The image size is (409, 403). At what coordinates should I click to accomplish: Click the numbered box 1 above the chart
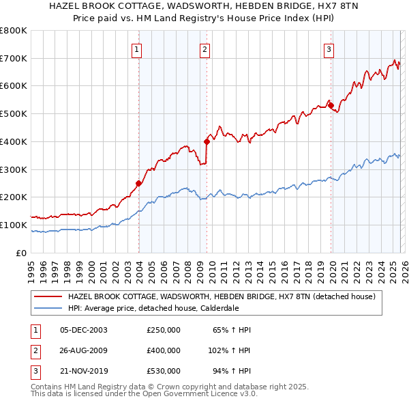tap(137, 48)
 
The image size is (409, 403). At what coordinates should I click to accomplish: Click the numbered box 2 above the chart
tap(204, 48)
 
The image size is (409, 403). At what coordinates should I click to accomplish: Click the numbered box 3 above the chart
tap(329, 48)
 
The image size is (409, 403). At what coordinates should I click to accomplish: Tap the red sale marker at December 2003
tap(138, 183)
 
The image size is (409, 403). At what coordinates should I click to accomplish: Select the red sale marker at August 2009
tap(207, 141)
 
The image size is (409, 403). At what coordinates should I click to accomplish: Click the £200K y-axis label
tap(13, 197)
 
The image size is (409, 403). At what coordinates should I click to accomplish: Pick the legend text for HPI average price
tap(153, 308)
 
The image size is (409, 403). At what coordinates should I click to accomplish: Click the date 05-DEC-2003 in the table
tap(83, 330)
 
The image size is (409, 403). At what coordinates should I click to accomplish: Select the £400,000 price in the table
tap(164, 350)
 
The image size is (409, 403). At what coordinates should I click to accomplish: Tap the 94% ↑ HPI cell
tap(232, 371)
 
